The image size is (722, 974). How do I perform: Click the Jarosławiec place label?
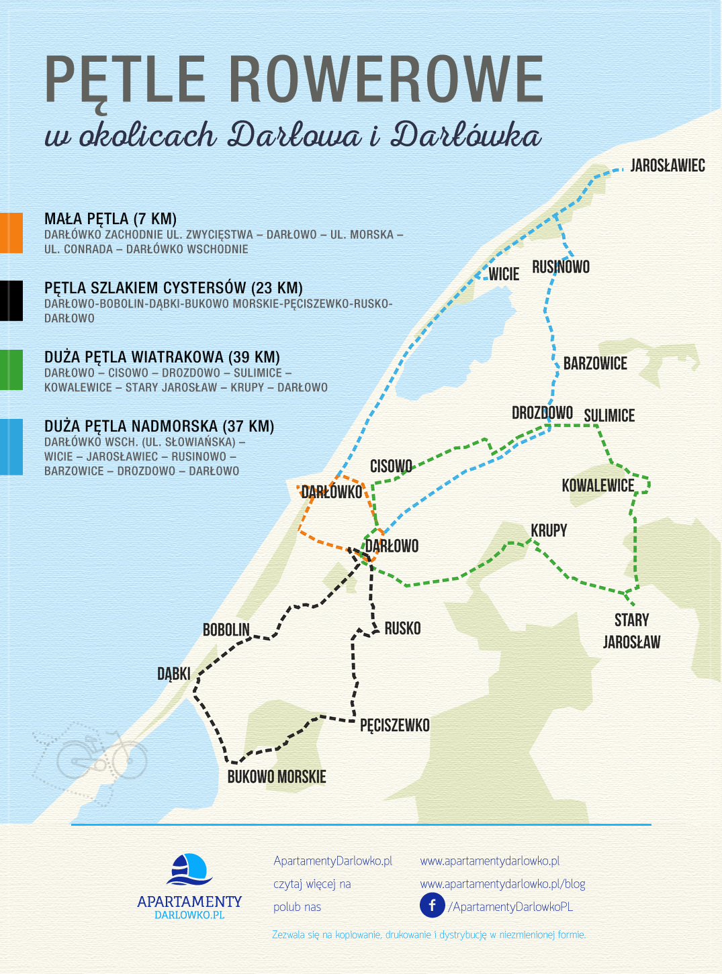click(667, 166)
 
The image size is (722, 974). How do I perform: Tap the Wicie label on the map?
click(504, 274)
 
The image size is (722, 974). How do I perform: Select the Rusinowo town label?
click(561, 267)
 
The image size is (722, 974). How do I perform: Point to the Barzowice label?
click(595, 364)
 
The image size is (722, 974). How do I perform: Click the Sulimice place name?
click(609, 416)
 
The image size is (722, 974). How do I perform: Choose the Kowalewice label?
click(598, 485)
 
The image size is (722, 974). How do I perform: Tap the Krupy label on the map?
click(549, 531)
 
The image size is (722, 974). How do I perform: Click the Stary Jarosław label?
click(631, 631)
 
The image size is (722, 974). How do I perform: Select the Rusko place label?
click(402, 629)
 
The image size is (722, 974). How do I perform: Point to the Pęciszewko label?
click(395, 726)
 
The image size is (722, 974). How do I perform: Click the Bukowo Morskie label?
click(277, 777)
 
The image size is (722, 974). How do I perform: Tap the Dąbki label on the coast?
click(174, 674)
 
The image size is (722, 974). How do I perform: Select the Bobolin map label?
click(226, 630)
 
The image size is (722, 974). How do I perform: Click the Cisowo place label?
click(391, 467)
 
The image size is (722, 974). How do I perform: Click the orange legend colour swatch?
click(11, 233)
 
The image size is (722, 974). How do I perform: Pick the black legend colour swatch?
click(11, 301)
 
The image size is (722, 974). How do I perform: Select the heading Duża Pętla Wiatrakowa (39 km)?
click(162, 357)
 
